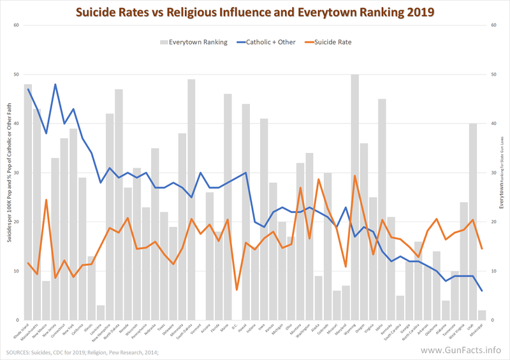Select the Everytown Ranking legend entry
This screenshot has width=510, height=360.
[194, 43]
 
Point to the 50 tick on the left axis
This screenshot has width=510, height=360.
[16, 75]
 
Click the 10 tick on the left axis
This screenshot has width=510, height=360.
[16, 271]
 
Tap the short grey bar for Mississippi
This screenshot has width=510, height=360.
[482, 315]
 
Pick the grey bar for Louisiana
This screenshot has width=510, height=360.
[101, 312]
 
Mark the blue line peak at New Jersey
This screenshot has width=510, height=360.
[55, 84]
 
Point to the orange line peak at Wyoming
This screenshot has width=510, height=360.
[354, 176]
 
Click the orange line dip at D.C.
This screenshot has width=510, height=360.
[237, 290]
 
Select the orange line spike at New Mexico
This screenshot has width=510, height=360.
[47, 200]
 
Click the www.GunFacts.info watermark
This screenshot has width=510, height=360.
[462, 350]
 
